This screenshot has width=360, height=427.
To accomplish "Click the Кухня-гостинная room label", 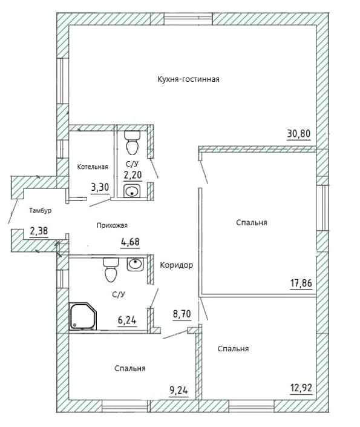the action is point(188,79).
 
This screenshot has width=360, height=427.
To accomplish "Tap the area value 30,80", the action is point(298,134).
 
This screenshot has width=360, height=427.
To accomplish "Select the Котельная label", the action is point(93,167).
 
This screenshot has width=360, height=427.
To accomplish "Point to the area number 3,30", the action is point(100,187).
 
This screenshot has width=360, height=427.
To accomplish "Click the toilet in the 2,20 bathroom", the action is point(133,141).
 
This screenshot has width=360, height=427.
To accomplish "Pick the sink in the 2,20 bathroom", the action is point(132,191).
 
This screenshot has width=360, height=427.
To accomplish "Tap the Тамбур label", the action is point(41,211).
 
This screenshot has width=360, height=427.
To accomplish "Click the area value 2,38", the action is point(39,231).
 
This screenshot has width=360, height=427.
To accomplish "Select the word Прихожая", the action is point(112,225).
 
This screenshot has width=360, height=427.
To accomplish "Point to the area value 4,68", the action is point(130,242).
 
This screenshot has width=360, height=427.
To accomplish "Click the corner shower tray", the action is point(83,316).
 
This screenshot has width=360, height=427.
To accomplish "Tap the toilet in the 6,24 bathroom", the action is point(111,270).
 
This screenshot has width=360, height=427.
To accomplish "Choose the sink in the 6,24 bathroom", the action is point(135,264).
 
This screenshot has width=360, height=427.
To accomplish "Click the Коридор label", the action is point(176,265).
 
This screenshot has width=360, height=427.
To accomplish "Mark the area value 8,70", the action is point(182,314).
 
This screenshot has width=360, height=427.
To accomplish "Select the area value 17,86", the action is point(301,283).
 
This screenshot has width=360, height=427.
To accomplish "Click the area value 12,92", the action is point(301,388).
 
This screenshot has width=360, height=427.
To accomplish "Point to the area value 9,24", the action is point(178,391).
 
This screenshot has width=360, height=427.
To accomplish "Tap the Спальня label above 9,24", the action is point(130,368).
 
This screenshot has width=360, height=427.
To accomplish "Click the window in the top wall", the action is point(188,19).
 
